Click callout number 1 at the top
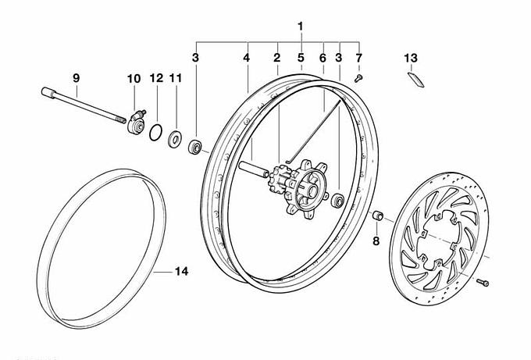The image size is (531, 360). [x=300, y=27]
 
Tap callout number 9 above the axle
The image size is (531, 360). [x=77, y=78]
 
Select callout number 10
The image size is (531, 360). [x=134, y=78]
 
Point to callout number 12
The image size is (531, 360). [x=156, y=78]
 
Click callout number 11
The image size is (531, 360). [x=175, y=78]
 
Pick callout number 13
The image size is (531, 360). [x=411, y=58]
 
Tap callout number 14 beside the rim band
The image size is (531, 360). [x=180, y=272]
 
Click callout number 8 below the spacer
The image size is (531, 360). [x=376, y=241]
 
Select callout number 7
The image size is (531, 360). [x=359, y=58]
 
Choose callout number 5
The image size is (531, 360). [x=301, y=58]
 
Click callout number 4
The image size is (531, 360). [x=247, y=58]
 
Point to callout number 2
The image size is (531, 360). [x=276, y=58]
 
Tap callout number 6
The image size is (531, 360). [x=323, y=58]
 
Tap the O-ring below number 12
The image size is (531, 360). [x=157, y=132]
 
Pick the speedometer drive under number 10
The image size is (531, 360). [x=136, y=123]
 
